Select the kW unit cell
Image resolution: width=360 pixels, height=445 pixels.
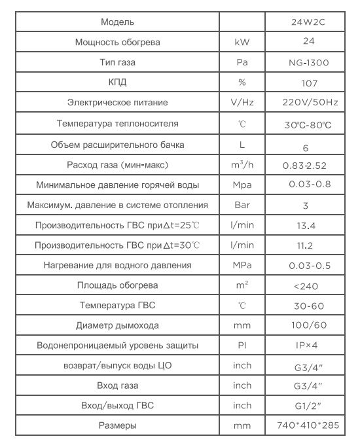click(x=242, y=43)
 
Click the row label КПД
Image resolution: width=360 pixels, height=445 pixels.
click(x=117, y=83)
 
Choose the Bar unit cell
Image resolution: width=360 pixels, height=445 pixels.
click(x=242, y=205)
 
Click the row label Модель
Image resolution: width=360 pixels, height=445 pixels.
click(x=117, y=22)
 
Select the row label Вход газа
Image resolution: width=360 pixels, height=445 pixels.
click(x=117, y=385)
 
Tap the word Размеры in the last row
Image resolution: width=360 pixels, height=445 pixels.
click(x=117, y=426)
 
